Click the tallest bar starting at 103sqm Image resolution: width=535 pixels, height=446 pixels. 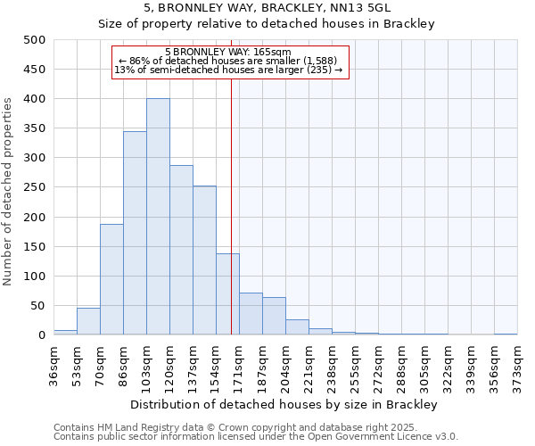coord(158,217)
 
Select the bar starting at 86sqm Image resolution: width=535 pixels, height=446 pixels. coord(135,233)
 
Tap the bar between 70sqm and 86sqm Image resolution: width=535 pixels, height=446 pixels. coord(111,279)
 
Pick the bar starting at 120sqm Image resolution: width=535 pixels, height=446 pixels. coord(181,250)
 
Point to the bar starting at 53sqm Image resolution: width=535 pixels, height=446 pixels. coord(88,321)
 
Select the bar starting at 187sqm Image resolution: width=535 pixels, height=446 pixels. coord(274,316)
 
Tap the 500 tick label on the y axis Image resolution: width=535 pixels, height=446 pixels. coord(35,40)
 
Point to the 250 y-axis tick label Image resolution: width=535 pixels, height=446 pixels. coord(35,187)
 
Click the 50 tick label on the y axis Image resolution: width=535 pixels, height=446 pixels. coord(38,306)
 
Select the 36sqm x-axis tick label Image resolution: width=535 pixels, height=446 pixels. coord(54,365)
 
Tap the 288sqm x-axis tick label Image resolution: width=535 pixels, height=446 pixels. coord(401,365)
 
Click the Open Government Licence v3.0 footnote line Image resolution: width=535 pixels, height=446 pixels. coord(256,437)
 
